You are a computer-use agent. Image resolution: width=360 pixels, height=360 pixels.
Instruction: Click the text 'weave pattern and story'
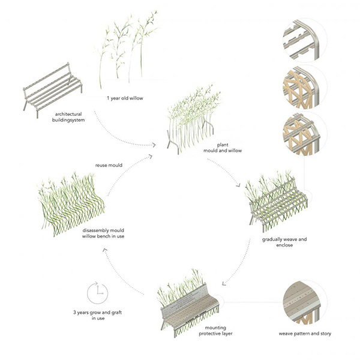pyautogui.click(x=304, y=333)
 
